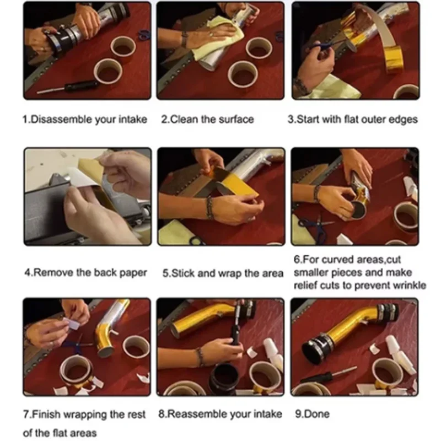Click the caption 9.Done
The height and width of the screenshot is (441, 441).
tap(312, 414)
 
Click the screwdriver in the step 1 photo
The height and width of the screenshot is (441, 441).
tap(67, 87)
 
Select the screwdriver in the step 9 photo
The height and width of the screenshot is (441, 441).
tap(329, 375)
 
